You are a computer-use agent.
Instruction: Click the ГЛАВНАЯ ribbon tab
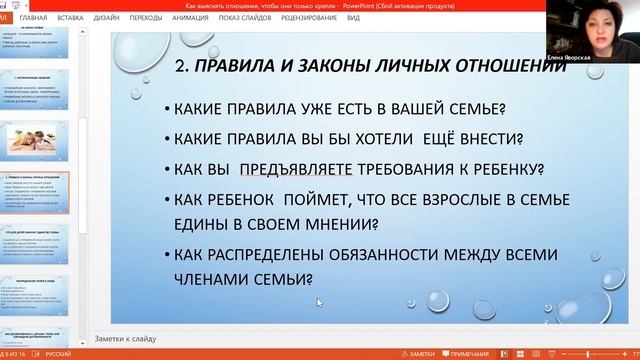(x=33, y=18)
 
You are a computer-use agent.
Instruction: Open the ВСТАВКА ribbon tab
(x=71, y=18)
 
